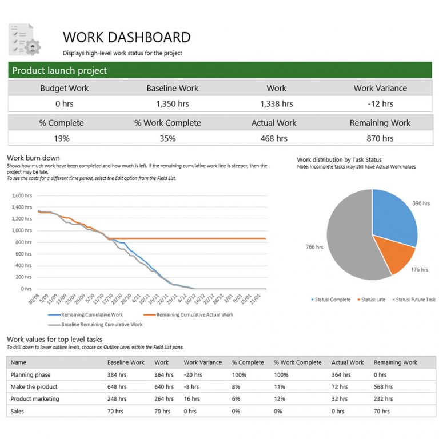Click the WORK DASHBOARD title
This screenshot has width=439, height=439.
(126, 38)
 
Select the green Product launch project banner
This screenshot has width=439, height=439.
(219, 71)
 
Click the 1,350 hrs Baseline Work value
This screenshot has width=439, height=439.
(172, 104)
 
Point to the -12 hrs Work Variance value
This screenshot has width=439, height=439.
(380, 104)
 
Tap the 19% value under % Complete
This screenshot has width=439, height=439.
(62, 138)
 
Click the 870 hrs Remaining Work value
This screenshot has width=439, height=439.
(380, 138)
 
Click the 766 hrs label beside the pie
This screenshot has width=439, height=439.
(314, 247)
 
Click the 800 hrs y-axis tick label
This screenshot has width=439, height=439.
(23, 242)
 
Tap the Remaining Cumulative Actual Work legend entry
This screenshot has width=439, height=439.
(194, 314)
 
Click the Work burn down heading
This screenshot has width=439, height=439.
(33, 158)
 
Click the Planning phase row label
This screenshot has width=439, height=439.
(30, 375)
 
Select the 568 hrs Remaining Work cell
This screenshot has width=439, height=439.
(384, 387)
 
